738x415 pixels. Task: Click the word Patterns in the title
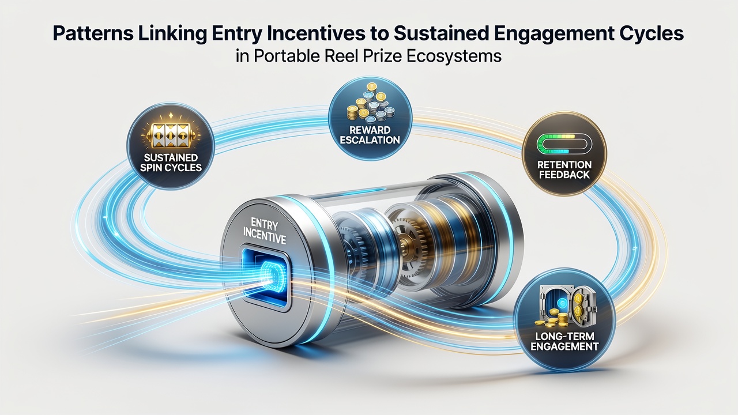point(93,33)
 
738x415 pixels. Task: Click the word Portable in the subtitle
point(287,56)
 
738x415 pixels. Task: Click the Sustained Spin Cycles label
point(171,163)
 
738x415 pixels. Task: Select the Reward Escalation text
point(370,135)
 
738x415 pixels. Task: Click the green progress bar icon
point(564,144)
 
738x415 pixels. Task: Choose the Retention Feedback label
point(564,169)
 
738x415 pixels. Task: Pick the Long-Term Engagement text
point(564,342)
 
